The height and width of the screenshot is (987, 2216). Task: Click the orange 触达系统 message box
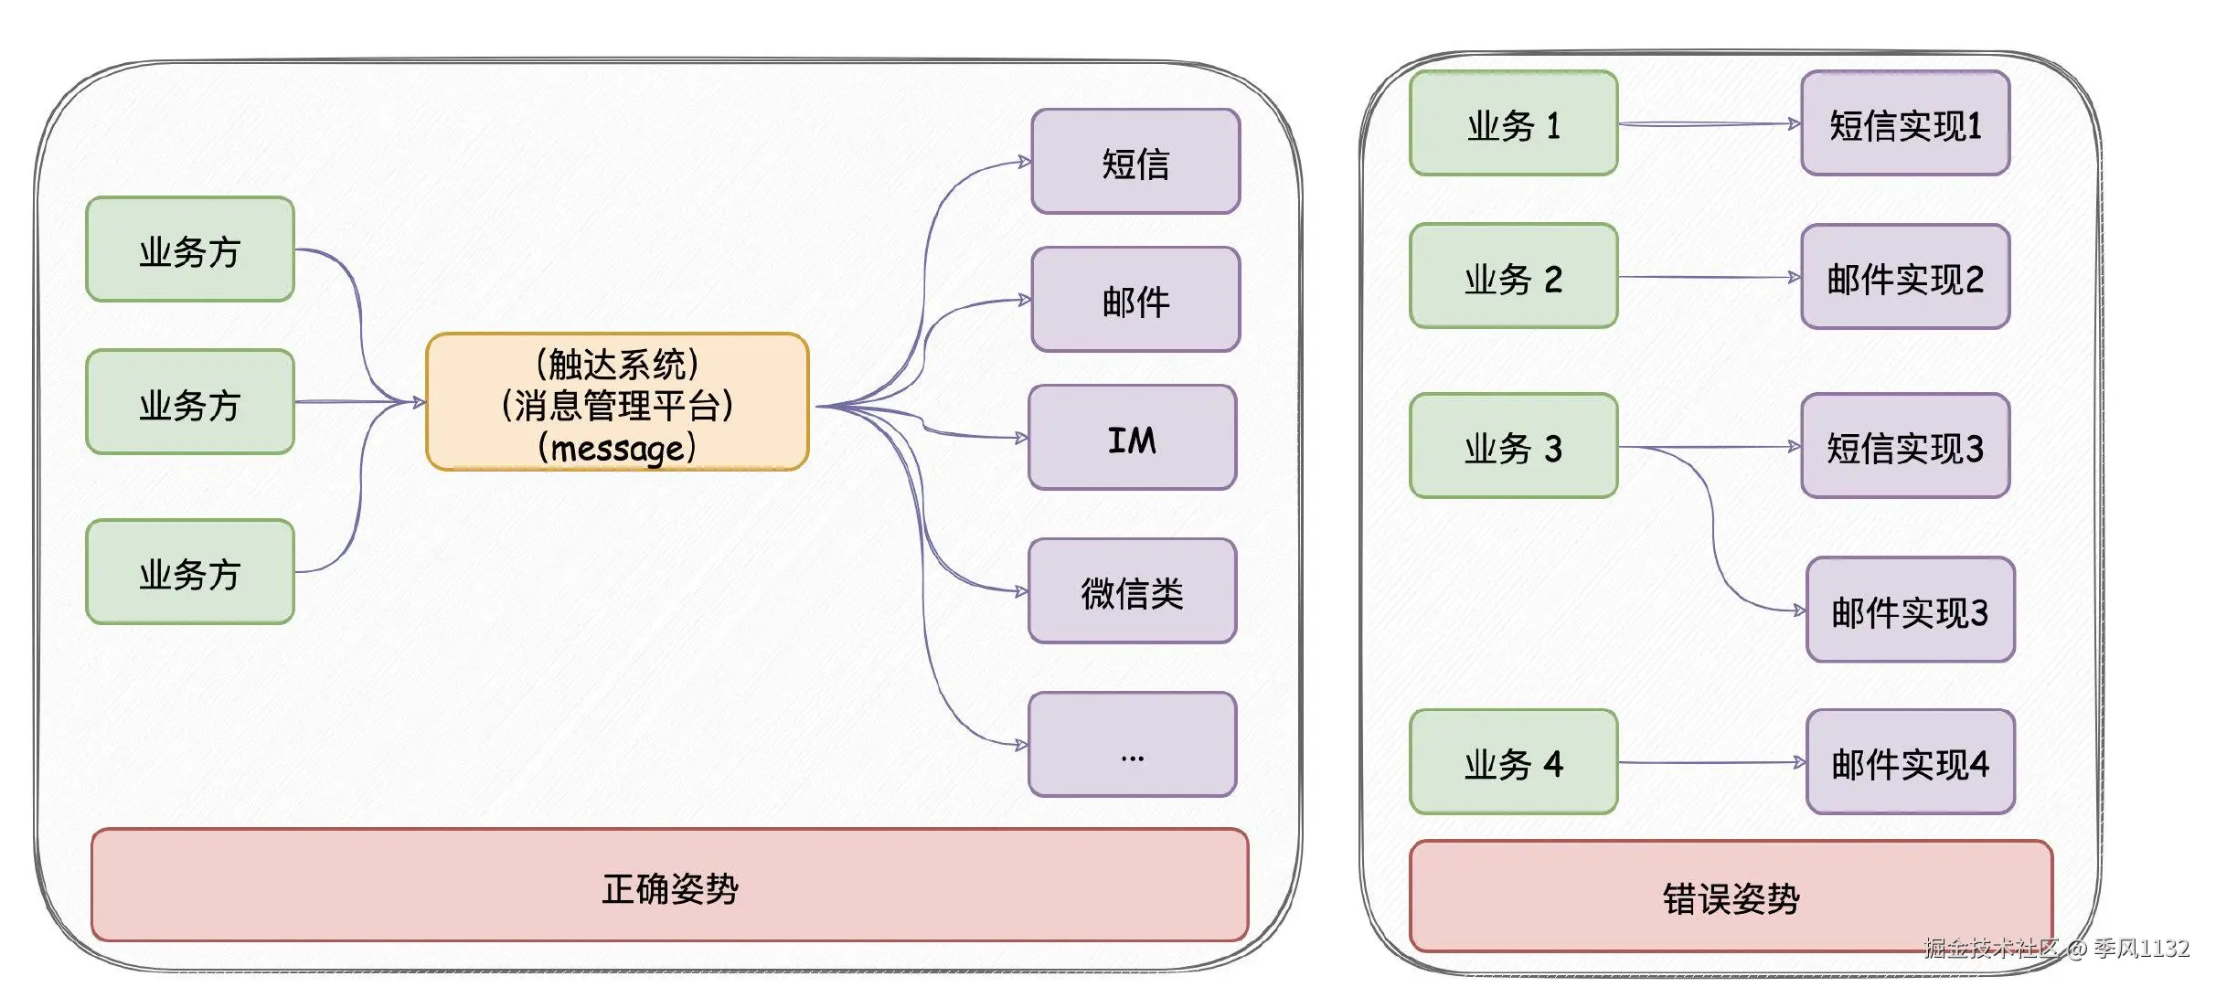coord(617,402)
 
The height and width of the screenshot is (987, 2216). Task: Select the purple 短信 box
coord(1135,162)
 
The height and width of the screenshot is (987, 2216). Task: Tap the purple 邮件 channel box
coord(1135,300)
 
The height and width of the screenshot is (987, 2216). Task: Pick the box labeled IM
coord(1132,438)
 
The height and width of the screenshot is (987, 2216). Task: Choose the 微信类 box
coord(1132,591)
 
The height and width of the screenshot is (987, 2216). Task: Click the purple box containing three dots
coord(1132,744)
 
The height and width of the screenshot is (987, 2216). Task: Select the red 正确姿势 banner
coord(669,886)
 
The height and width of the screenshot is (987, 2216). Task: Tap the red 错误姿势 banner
coord(1730,897)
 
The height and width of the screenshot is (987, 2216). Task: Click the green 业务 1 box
coord(1513,123)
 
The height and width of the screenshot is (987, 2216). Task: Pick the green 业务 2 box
coord(1513,276)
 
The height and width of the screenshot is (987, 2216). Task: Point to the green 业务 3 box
coord(1513,446)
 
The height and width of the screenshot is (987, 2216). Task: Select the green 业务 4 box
coord(1513,762)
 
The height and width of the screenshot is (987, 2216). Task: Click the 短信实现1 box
coord(1905,123)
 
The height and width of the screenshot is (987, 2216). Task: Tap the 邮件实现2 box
coord(1905,276)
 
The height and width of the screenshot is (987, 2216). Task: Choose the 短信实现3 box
coord(1905,446)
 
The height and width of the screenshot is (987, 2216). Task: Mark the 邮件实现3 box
coord(1910,610)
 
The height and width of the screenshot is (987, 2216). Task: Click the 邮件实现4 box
coord(1910,762)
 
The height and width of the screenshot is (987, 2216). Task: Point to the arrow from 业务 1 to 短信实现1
coord(1710,123)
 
